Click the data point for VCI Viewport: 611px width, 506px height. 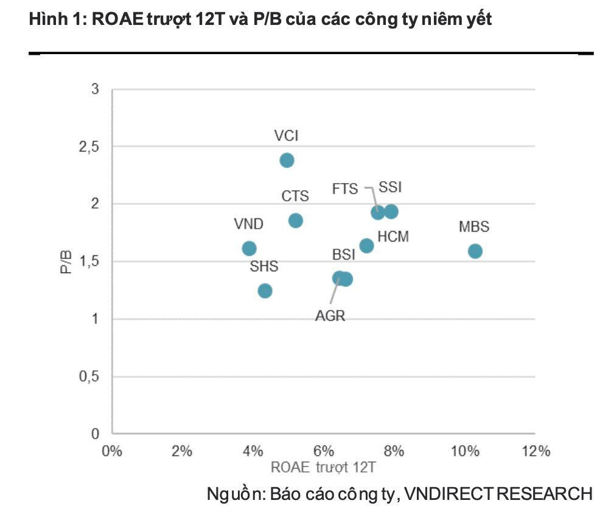[x=287, y=161]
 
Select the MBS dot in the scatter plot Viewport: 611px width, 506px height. [x=475, y=251]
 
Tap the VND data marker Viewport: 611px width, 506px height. [x=249, y=249]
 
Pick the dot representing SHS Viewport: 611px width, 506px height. [x=265, y=291]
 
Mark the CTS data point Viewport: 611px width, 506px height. [x=296, y=221]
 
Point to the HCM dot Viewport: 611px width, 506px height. [x=366, y=246]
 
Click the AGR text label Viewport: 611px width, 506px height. [x=330, y=316]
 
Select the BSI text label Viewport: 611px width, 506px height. [x=343, y=255]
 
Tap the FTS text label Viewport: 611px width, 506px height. [x=345, y=189]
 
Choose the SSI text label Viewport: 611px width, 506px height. [x=390, y=187]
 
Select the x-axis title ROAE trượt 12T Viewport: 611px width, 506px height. [x=324, y=468]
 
